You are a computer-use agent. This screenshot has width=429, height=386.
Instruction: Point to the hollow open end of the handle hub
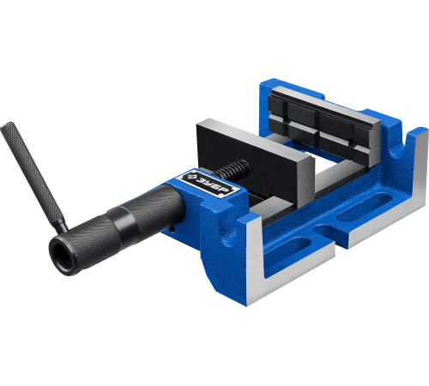pos(62,254)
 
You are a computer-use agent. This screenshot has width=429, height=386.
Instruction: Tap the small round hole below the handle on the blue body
pos(172,229)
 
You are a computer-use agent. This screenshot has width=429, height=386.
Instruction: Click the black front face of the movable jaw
pos(247,165)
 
